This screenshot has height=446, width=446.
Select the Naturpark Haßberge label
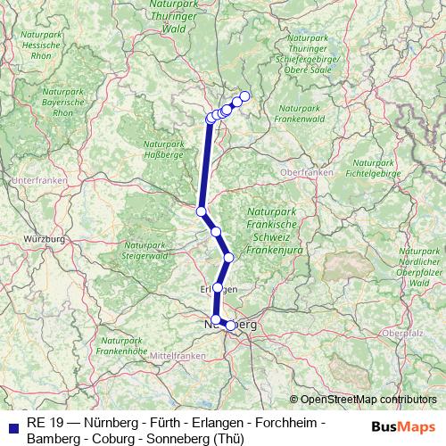163,151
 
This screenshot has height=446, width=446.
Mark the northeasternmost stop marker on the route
245,96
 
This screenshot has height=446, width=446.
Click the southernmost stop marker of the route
231,326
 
